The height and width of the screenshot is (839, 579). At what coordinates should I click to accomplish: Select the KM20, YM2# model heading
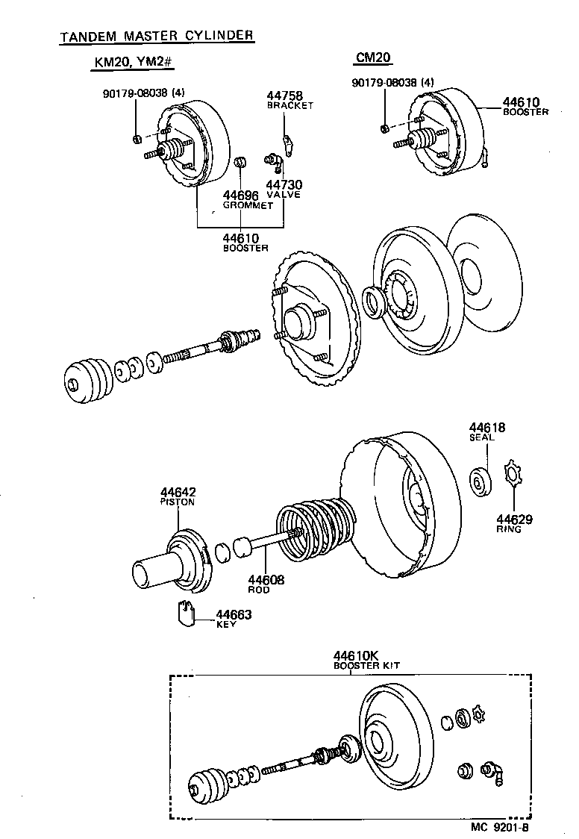pos(133,63)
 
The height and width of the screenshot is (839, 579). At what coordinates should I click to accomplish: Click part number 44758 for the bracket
pos(284,96)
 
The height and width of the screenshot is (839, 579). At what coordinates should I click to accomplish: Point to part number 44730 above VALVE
pos(284,184)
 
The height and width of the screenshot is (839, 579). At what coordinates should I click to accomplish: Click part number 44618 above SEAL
pos(486,428)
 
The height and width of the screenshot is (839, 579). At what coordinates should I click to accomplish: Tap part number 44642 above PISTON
pos(178,492)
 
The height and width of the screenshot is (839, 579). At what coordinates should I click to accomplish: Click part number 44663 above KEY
pos(234,614)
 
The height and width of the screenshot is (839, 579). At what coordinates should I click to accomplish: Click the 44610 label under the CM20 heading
pos(521,102)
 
